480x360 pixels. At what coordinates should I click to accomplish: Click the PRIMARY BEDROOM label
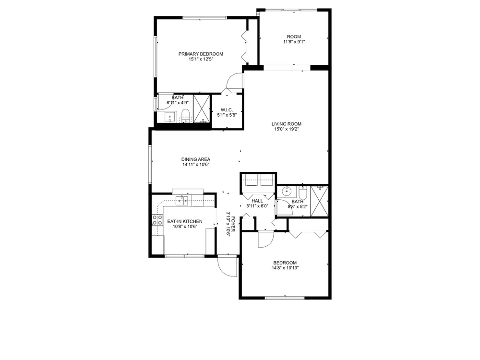[201, 54]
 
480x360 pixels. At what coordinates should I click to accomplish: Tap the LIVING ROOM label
[287, 124]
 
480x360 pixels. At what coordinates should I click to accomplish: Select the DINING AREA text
[196, 159]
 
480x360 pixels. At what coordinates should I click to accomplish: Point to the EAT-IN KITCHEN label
[185, 221]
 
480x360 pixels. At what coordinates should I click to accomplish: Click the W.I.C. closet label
[227, 110]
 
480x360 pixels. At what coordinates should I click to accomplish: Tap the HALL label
[257, 201]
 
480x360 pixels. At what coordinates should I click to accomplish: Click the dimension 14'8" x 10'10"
[285, 268]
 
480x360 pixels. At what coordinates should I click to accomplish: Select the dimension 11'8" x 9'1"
[294, 42]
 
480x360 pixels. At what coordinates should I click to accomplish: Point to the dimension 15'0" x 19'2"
[287, 129]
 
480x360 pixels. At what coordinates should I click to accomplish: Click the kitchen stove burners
[157, 220]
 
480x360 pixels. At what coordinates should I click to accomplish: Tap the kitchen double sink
[182, 201]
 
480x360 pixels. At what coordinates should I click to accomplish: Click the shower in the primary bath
[202, 109]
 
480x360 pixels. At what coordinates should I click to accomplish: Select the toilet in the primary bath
[185, 116]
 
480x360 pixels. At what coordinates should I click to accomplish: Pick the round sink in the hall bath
[287, 192]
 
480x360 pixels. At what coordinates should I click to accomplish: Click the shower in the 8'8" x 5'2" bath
[319, 201]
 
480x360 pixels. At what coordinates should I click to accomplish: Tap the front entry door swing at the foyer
[228, 266]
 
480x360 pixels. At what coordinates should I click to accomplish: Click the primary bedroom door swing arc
[234, 81]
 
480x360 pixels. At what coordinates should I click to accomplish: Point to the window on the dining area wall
[150, 164]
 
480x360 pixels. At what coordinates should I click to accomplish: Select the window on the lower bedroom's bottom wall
[285, 298]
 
